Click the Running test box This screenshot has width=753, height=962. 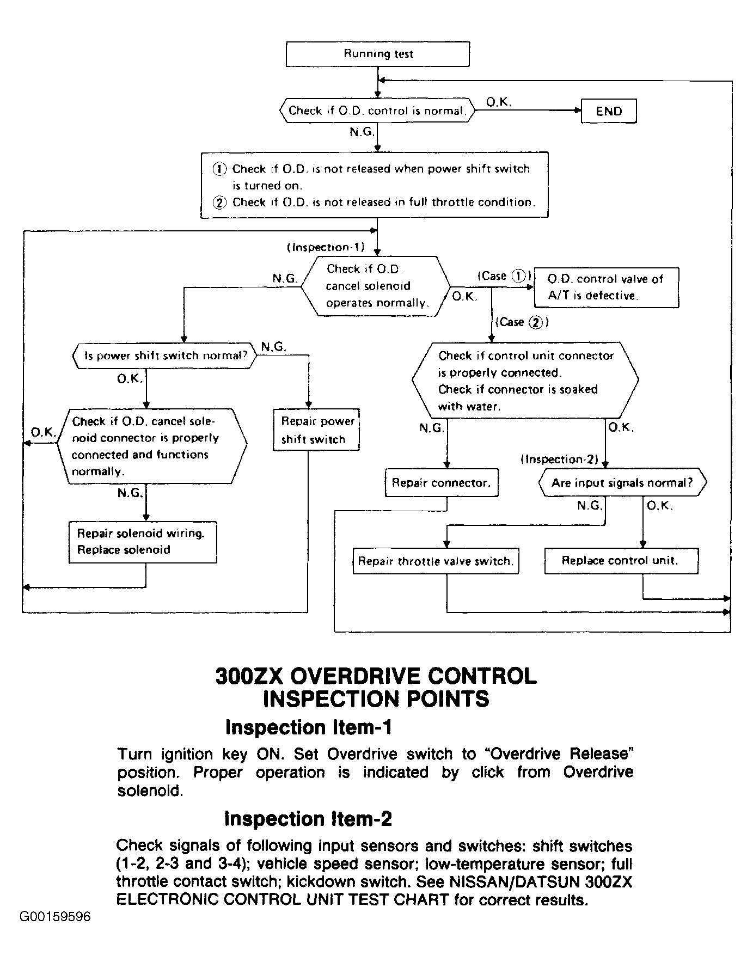378,54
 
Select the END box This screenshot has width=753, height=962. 609,111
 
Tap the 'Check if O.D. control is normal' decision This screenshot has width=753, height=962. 377,111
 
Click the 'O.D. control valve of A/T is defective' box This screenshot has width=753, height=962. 607,287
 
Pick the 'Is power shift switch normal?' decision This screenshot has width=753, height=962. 165,356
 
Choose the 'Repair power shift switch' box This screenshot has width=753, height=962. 316,430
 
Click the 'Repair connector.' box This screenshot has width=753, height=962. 442,483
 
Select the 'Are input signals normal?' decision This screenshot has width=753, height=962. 622,483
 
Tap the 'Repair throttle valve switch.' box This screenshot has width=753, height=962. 436,561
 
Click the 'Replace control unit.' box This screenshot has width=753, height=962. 621,561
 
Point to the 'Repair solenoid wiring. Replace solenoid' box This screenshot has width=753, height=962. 143,542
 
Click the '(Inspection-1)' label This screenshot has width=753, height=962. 326,247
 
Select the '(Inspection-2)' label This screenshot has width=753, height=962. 559,459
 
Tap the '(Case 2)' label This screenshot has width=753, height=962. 521,322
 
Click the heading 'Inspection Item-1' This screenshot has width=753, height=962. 308,727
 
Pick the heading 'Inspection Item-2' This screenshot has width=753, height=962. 308,819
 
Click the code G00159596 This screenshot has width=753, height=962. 56,917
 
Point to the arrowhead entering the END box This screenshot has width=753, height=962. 578,110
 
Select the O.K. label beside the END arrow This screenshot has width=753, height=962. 499,102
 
